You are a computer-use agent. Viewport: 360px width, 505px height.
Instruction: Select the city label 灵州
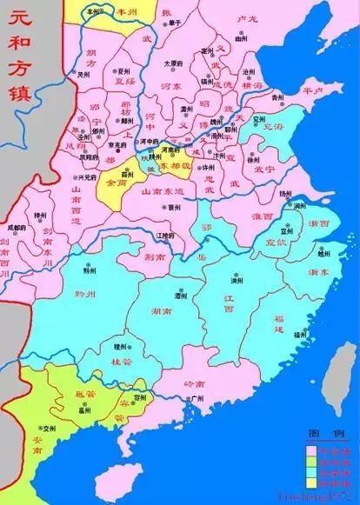(x=83, y=75)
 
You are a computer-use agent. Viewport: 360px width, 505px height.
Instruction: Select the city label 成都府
(x=16, y=228)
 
